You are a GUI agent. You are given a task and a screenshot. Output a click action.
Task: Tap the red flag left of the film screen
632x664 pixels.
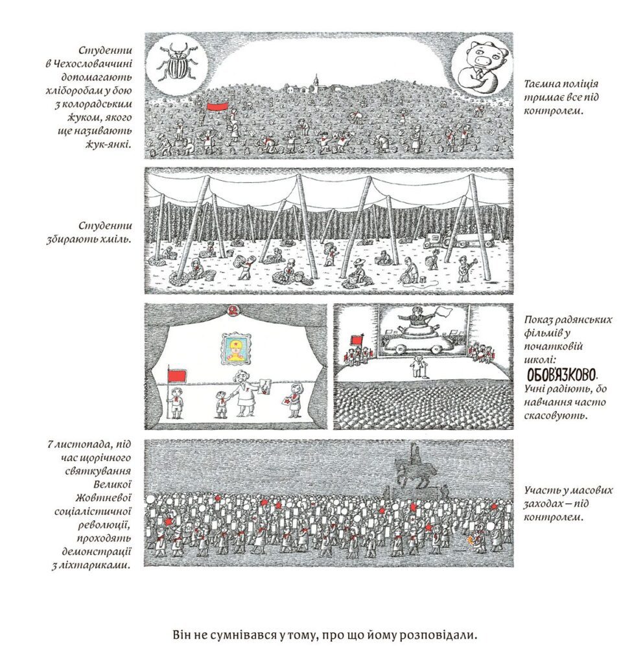[x=355, y=340]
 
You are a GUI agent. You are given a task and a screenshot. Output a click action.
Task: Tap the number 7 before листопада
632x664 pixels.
[x=50, y=445]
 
